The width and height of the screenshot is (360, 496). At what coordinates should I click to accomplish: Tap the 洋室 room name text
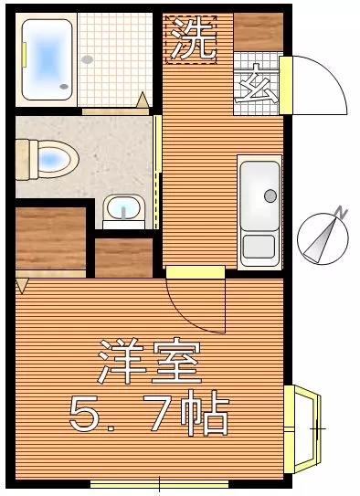point(150,362)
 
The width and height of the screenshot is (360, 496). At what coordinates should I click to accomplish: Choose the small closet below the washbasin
point(123,257)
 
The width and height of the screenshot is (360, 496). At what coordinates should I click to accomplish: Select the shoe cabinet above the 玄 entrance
point(259,33)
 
